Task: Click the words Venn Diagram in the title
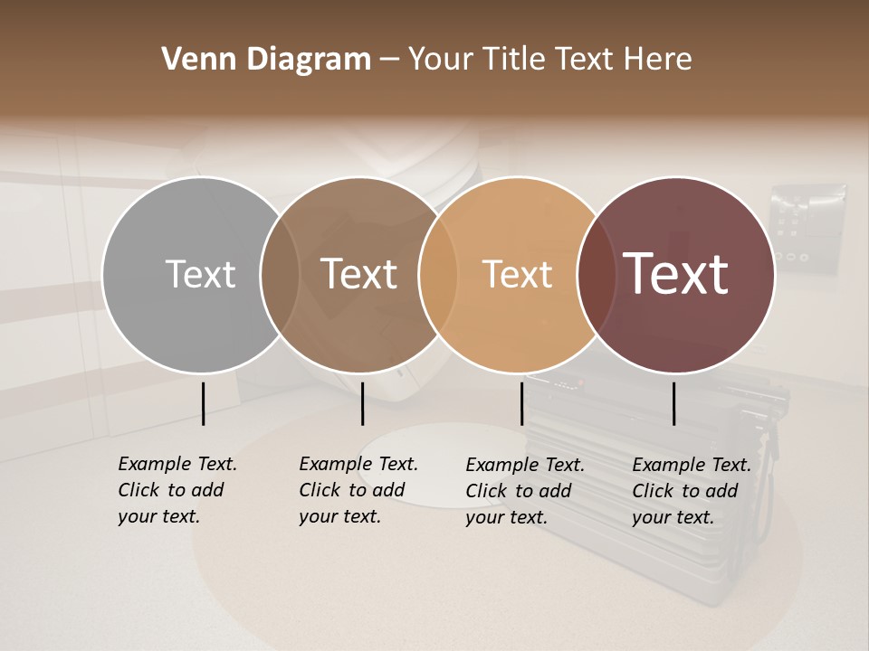pyautogui.click(x=266, y=60)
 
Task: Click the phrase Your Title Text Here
pyautogui.click(x=549, y=60)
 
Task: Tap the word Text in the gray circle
pyautogui.click(x=200, y=274)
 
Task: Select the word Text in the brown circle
pyautogui.click(x=358, y=274)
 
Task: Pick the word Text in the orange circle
pyautogui.click(x=517, y=274)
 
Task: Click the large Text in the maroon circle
pyautogui.click(x=675, y=274)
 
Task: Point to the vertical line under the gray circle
pyautogui.click(x=203, y=403)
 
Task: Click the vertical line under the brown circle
pyautogui.click(x=362, y=403)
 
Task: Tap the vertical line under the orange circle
pyautogui.click(x=521, y=403)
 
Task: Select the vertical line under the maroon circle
pyautogui.click(x=673, y=403)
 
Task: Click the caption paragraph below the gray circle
pyautogui.click(x=177, y=490)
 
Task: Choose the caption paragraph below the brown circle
pyautogui.click(x=358, y=490)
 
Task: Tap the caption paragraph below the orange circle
pyautogui.click(x=525, y=491)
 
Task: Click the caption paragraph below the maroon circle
pyautogui.click(x=692, y=491)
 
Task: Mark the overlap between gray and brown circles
pyautogui.click(x=280, y=274)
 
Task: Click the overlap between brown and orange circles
pyautogui.click(x=437, y=274)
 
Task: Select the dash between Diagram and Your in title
pyautogui.click(x=389, y=61)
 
